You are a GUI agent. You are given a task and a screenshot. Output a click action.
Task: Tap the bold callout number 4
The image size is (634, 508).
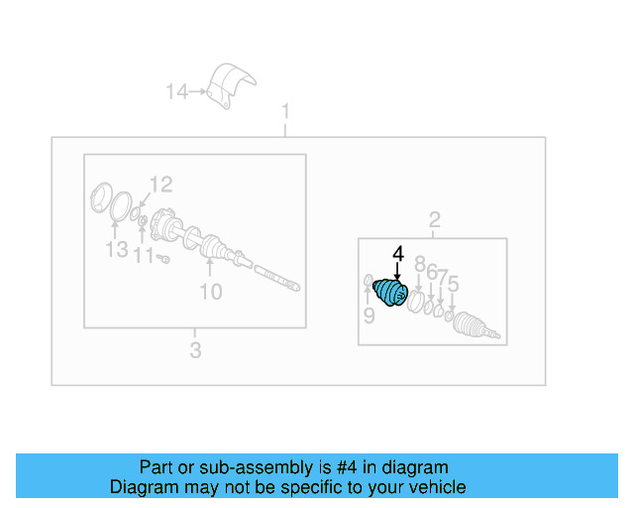click(398, 255)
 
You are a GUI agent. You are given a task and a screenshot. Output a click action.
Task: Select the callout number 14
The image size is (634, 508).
click(176, 92)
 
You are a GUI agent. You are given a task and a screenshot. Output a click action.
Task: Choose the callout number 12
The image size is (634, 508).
click(160, 184)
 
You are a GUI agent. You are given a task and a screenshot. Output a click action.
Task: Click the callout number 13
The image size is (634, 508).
click(116, 249)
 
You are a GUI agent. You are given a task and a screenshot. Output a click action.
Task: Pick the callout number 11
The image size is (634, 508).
click(145, 257)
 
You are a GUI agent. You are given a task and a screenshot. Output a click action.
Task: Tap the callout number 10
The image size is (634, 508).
click(210, 292)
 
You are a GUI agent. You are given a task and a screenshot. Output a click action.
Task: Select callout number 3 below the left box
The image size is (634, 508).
click(195, 350)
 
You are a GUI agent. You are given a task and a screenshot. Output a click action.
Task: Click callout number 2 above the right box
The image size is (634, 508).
click(433, 219)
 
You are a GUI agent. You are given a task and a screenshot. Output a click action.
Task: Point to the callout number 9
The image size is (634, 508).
click(369, 317)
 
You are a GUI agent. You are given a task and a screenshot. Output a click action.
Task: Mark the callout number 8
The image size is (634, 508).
click(419, 264)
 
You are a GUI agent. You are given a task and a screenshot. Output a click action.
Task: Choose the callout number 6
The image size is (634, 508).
click(432, 272)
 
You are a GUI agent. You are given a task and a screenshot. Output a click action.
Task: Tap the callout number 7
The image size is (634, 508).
click(443, 278)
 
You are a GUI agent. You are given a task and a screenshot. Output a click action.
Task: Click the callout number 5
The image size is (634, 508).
click(453, 286)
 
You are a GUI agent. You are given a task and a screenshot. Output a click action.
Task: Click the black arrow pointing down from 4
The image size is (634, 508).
click(398, 275)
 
